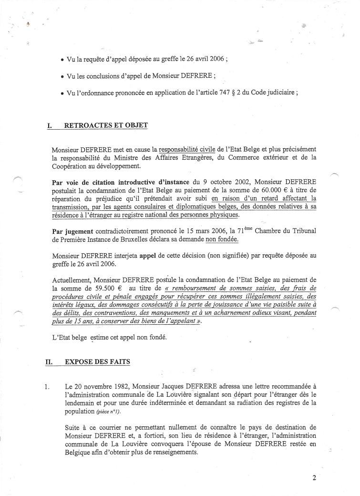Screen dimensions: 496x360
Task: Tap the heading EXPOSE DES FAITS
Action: pos(97,362)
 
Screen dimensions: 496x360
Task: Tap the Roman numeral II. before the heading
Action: pos(49,362)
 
